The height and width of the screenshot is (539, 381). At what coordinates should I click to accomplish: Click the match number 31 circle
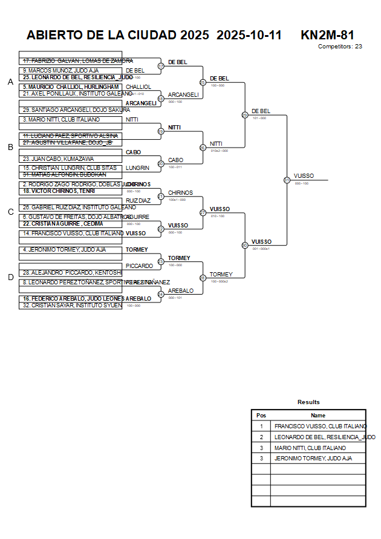click(x=287, y=180)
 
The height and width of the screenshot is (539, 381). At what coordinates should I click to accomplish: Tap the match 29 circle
click(x=245, y=114)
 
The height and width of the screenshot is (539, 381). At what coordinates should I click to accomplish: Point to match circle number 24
click(x=161, y=294)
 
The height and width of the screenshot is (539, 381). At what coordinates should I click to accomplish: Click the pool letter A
click(x=10, y=82)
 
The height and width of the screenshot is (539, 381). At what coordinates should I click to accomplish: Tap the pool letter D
click(x=10, y=277)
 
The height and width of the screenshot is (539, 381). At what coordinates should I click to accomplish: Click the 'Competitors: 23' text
click(x=340, y=46)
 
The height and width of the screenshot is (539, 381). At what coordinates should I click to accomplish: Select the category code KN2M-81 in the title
click(x=327, y=35)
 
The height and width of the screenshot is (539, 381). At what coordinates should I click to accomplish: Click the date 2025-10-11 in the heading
click(x=249, y=35)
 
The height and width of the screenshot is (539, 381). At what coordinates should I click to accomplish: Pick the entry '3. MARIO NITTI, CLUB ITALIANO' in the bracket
click(x=60, y=120)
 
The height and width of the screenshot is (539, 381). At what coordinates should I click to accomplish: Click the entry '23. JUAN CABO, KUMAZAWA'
click(x=58, y=158)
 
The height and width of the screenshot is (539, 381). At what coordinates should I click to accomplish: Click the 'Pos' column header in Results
click(x=261, y=416)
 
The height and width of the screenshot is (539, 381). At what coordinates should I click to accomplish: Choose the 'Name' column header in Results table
click(x=318, y=416)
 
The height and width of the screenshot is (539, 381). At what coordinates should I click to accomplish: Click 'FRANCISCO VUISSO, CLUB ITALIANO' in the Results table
click(x=320, y=426)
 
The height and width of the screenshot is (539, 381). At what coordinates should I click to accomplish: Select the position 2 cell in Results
click(x=261, y=437)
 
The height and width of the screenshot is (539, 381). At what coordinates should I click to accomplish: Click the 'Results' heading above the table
click(x=308, y=402)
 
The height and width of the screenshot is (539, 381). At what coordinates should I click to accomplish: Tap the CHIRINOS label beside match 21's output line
click(x=180, y=192)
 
